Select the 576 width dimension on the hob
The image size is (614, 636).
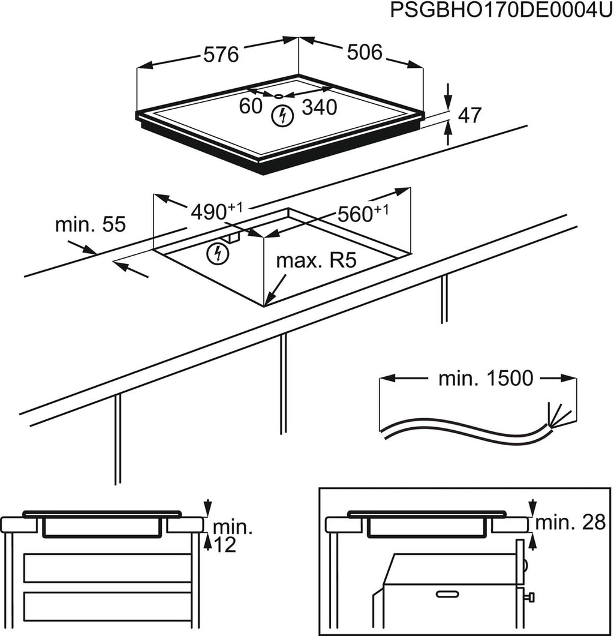[220, 54]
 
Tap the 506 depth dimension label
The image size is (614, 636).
[365, 53]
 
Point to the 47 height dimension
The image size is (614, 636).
[469, 116]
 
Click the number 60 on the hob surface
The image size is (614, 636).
[251, 107]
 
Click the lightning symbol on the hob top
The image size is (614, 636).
[280, 115]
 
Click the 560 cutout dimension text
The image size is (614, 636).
[363, 213]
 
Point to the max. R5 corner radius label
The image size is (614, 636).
[317, 261]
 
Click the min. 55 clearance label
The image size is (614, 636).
[90, 225]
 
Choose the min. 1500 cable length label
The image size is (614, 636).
[486, 378]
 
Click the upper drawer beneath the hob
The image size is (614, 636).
[107, 568]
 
